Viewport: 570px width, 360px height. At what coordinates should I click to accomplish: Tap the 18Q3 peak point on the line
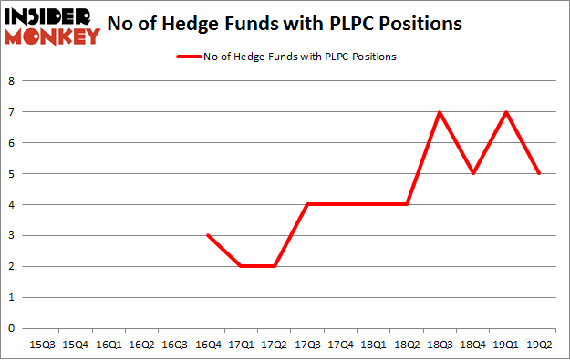pos(440,112)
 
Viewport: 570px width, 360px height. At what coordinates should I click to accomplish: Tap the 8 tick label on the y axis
pos(11,81)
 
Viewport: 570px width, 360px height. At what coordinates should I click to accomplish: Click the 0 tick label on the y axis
pos(11,328)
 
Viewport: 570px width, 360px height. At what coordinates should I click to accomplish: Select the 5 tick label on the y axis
pos(11,174)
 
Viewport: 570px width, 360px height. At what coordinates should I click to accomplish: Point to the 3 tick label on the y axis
pos(11,235)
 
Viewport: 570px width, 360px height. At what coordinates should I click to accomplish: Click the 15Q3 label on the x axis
pos(42,345)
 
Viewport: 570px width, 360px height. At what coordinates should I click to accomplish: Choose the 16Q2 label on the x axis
pos(141,345)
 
